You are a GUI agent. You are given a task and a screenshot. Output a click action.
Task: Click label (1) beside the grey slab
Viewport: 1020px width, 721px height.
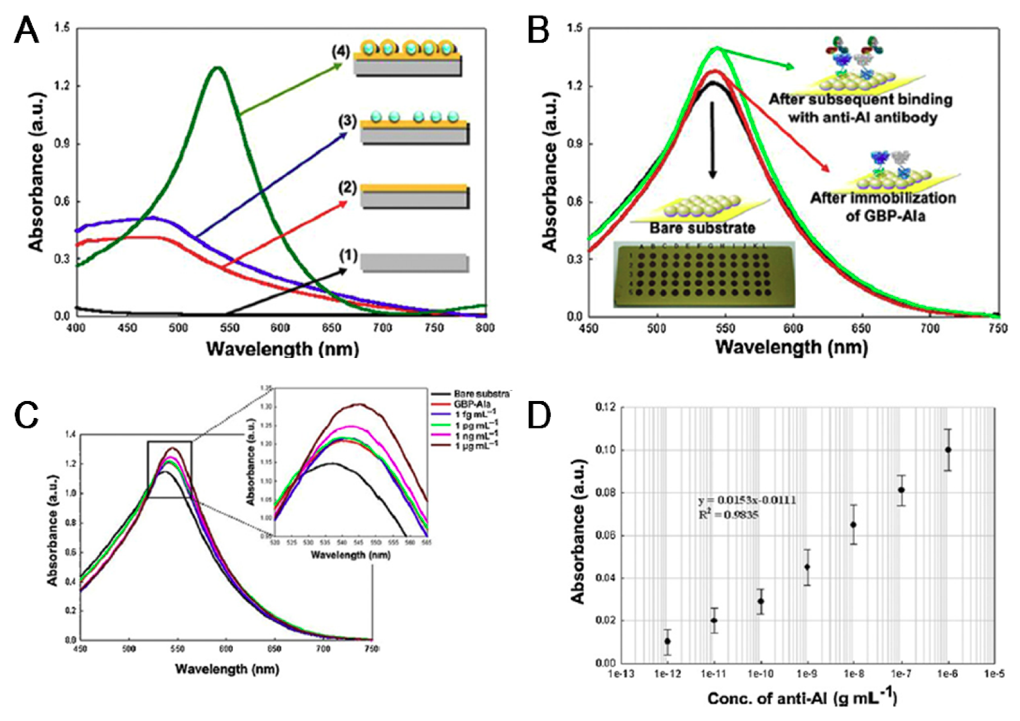[348, 256]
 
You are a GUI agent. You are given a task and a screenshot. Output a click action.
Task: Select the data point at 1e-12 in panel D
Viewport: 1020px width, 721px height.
[667, 641]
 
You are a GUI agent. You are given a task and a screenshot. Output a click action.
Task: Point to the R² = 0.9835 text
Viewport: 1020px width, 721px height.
[728, 516]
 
